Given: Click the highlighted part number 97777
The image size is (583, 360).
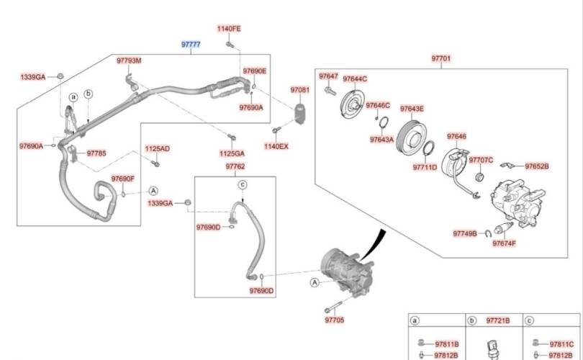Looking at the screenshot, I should [x=191, y=45].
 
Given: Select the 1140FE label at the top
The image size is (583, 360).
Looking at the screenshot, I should [x=230, y=29].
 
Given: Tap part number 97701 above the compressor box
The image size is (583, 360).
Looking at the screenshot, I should [x=441, y=58].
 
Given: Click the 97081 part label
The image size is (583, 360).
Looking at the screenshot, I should [x=299, y=90].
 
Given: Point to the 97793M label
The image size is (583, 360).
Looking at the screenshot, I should [x=129, y=60].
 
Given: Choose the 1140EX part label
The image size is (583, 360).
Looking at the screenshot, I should [x=276, y=146].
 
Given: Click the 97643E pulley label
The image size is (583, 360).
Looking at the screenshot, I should [x=412, y=109].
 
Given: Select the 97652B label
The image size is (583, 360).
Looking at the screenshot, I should [x=536, y=166].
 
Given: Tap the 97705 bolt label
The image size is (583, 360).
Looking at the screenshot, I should [x=335, y=320].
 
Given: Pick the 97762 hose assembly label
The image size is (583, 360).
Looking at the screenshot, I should [x=235, y=166].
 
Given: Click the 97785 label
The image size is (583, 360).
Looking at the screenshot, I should [x=96, y=153].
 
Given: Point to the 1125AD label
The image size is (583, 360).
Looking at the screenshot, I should [x=157, y=148].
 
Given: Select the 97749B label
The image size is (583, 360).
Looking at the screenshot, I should [x=465, y=233].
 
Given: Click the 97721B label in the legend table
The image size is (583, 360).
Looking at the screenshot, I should [x=498, y=320].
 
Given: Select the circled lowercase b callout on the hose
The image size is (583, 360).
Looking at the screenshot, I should [x=89, y=94].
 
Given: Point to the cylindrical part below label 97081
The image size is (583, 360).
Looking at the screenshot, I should [x=299, y=114].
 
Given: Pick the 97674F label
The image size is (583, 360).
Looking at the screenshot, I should [x=504, y=243].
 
